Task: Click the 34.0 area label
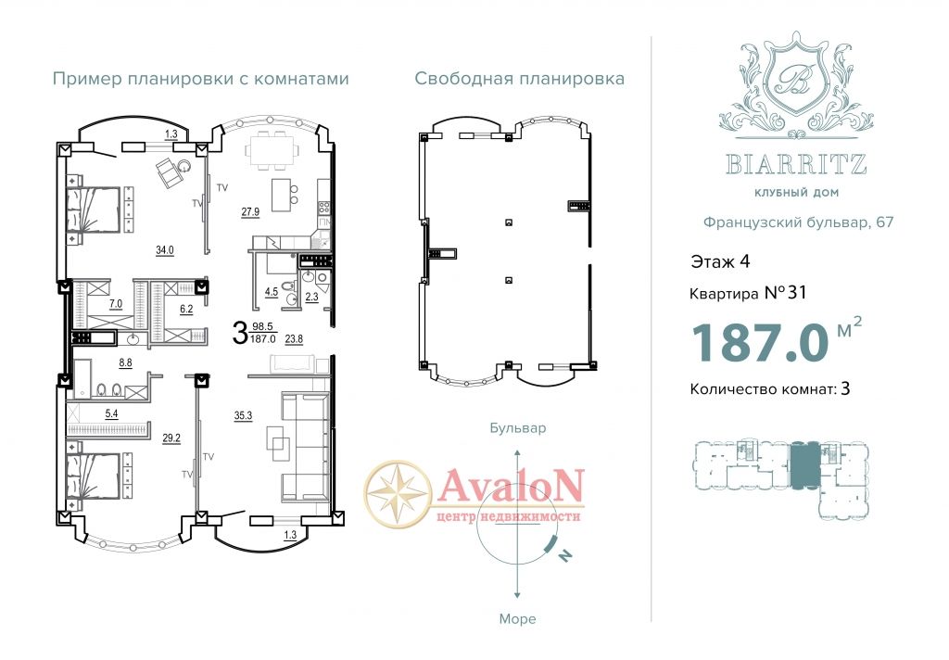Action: tap(165, 249)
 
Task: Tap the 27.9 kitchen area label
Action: tap(250, 211)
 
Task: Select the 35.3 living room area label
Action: tap(243, 415)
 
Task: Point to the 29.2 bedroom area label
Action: tap(171, 438)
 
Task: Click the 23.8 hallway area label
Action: tap(294, 339)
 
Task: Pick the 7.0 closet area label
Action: tap(116, 303)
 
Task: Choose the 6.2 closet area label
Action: tap(185, 309)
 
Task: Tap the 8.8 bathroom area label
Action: tap(125, 362)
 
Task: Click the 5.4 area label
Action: tap(111, 414)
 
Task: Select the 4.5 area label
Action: tap(272, 292)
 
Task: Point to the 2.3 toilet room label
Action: tap(311, 297)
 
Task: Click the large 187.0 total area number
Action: tap(760, 342)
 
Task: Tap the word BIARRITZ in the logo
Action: tap(796, 164)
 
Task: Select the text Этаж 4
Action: tap(720, 261)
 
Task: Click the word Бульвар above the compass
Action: tap(517, 428)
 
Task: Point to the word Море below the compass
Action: tap(517, 619)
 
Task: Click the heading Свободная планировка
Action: tap(519, 78)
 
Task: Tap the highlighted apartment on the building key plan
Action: tap(804, 465)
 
